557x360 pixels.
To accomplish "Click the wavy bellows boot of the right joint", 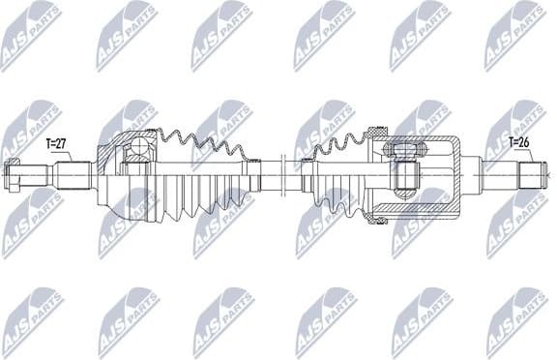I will [x=334, y=179].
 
